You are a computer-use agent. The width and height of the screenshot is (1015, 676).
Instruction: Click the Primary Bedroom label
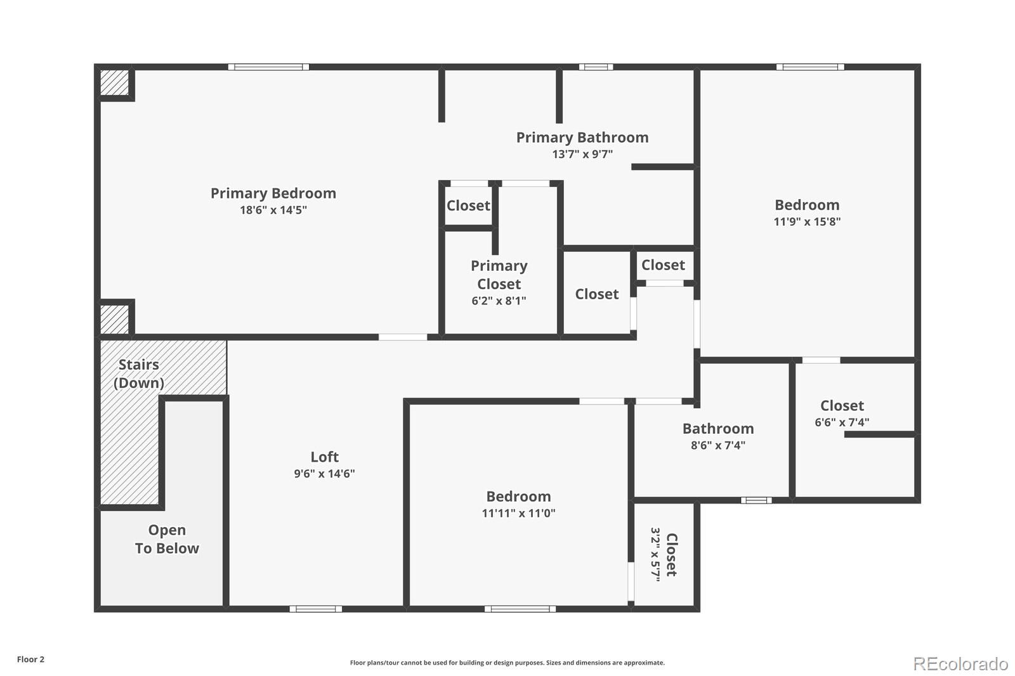[x=273, y=193]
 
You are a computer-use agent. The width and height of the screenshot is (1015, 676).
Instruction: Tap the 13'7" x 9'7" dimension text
[x=582, y=154]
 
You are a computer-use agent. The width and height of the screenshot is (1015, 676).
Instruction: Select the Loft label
[x=324, y=457]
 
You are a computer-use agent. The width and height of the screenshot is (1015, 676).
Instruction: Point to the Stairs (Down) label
[x=139, y=374]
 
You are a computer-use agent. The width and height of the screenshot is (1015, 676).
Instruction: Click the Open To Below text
[x=167, y=539]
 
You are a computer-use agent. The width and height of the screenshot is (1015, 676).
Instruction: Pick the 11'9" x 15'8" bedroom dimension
[x=807, y=221]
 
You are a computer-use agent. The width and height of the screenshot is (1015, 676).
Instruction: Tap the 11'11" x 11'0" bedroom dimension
[x=518, y=513]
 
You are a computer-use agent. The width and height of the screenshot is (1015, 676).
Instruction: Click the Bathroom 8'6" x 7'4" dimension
[x=718, y=445]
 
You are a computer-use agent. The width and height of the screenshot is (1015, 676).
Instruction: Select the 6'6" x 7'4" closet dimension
[x=842, y=422]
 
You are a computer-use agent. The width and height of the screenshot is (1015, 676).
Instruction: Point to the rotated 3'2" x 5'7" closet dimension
[x=655, y=554]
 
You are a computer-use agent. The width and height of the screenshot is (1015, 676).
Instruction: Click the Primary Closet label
[x=499, y=275]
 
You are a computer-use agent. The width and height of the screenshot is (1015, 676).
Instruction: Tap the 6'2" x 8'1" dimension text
[x=499, y=301]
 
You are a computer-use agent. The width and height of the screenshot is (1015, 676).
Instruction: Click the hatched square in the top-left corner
[x=114, y=82]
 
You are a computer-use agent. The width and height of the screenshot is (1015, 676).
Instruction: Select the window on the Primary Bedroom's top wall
[x=268, y=67]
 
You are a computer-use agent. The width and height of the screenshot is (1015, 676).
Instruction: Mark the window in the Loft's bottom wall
[x=316, y=609]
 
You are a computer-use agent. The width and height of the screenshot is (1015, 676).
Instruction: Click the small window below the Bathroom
[x=756, y=500]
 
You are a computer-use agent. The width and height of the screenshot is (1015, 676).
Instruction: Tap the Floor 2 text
[x=31, y=660]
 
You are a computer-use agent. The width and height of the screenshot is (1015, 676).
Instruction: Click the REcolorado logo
[x=960, y=664]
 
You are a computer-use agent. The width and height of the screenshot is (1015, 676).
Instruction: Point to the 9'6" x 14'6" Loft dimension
[x=324, y=474]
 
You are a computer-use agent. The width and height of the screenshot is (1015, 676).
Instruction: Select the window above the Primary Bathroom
[x=596, y=67]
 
